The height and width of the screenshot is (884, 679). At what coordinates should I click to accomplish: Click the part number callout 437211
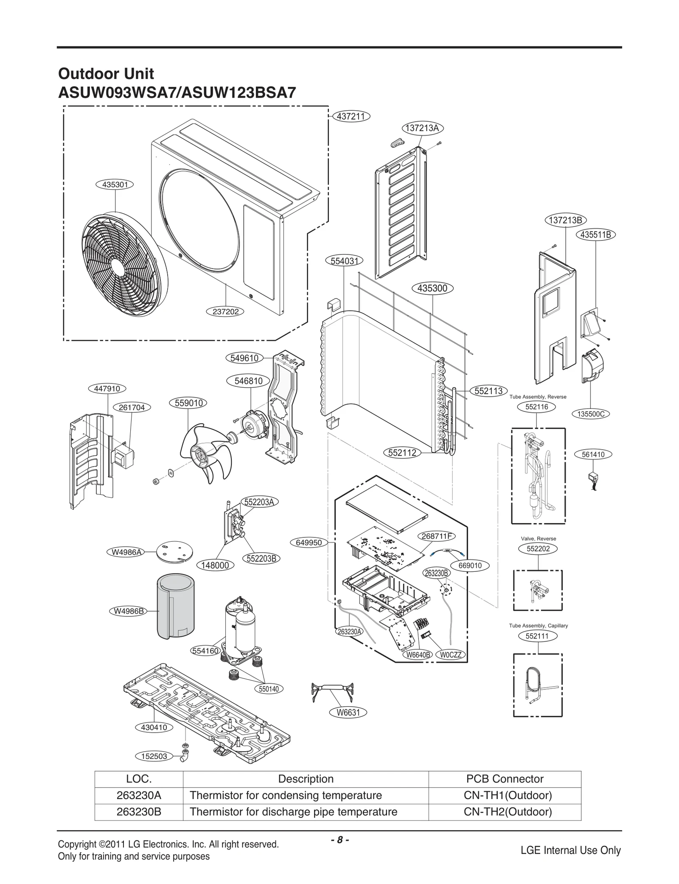click(x=351, y=116)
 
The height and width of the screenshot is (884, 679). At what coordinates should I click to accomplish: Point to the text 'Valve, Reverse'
click(x=538, y=539)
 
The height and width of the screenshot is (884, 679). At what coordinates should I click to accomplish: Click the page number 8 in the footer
click(x=339, y=840)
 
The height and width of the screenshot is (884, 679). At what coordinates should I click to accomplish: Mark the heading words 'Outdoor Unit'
click(x=106, y=74)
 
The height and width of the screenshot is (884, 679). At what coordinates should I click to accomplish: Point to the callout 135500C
click(x=591, y=414)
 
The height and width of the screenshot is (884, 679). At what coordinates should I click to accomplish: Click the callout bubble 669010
click(x=470, y=565)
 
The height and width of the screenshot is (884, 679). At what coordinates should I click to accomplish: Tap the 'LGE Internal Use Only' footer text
click(x=570, y=850)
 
